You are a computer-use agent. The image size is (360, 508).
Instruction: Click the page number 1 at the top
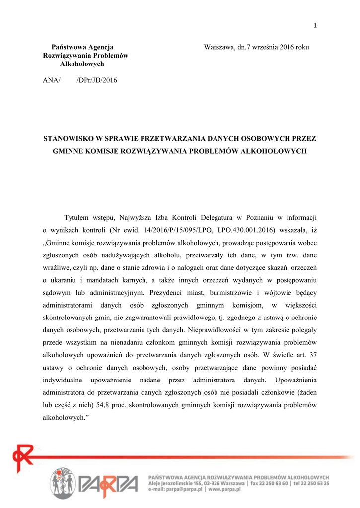coord(315,26)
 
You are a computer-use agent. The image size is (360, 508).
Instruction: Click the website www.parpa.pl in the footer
coord(224,489)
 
